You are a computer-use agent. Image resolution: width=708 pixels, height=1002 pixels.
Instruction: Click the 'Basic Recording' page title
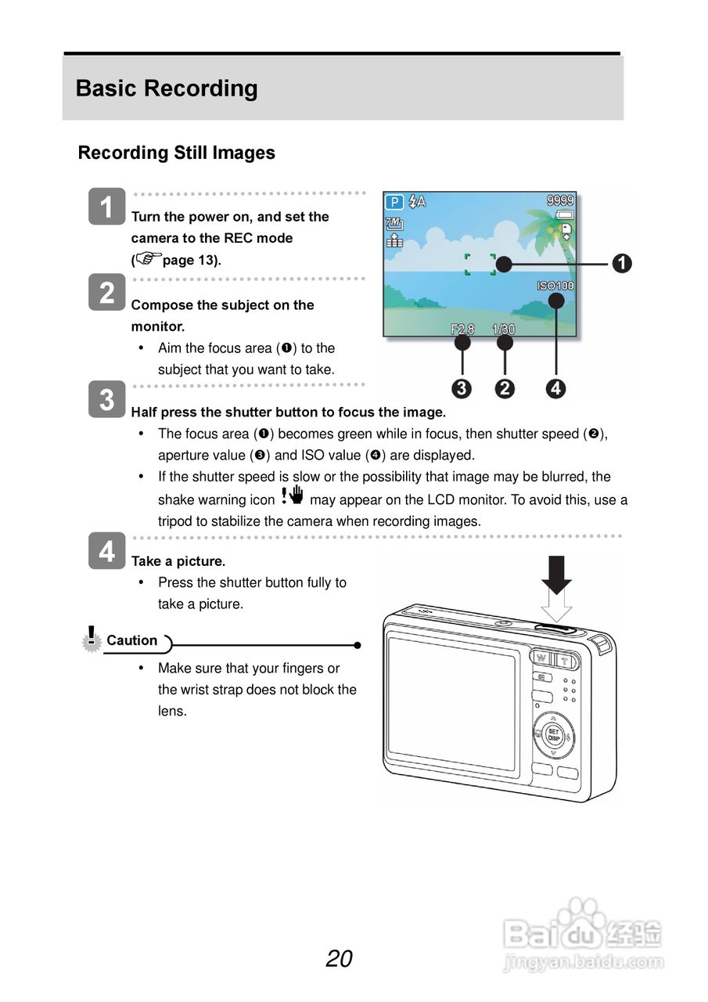[167, 88]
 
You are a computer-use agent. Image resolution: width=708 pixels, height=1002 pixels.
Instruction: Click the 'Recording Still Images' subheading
[176, 153]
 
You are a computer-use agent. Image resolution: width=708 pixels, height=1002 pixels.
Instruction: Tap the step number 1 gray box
[106, 207]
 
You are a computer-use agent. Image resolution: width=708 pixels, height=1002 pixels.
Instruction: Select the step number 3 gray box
[106, 399]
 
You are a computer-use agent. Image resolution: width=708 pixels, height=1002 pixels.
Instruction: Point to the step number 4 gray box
[106, 552]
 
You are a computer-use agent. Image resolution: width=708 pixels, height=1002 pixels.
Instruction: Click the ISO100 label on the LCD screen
[555, 286]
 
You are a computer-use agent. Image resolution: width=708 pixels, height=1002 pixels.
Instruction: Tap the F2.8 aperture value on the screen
[462, 330]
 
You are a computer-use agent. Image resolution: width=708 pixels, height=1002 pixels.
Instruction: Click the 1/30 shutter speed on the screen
[504, 330]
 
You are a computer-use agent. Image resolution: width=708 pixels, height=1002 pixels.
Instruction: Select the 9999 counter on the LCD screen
[560, 200]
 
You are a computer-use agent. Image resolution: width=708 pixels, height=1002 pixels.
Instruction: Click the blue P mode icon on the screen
[394, 202]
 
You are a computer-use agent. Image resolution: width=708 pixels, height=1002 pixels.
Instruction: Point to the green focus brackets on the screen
[480, 265]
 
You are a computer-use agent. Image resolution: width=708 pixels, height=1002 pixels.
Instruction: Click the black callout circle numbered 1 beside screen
[622, 264]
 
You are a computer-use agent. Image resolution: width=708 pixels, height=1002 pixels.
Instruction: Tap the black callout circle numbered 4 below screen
[555, 388]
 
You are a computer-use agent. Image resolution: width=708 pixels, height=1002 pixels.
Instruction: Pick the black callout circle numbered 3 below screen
[462, 388]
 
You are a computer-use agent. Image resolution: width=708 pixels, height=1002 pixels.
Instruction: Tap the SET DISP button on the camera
[553, 735]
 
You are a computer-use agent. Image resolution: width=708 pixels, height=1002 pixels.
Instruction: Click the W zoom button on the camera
[541, 658]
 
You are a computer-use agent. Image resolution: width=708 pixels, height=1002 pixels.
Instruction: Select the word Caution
[131, 640]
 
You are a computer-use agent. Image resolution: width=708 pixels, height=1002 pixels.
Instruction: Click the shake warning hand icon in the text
[292, 496]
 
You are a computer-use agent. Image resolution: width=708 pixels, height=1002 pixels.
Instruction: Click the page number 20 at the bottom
[340, 958]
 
